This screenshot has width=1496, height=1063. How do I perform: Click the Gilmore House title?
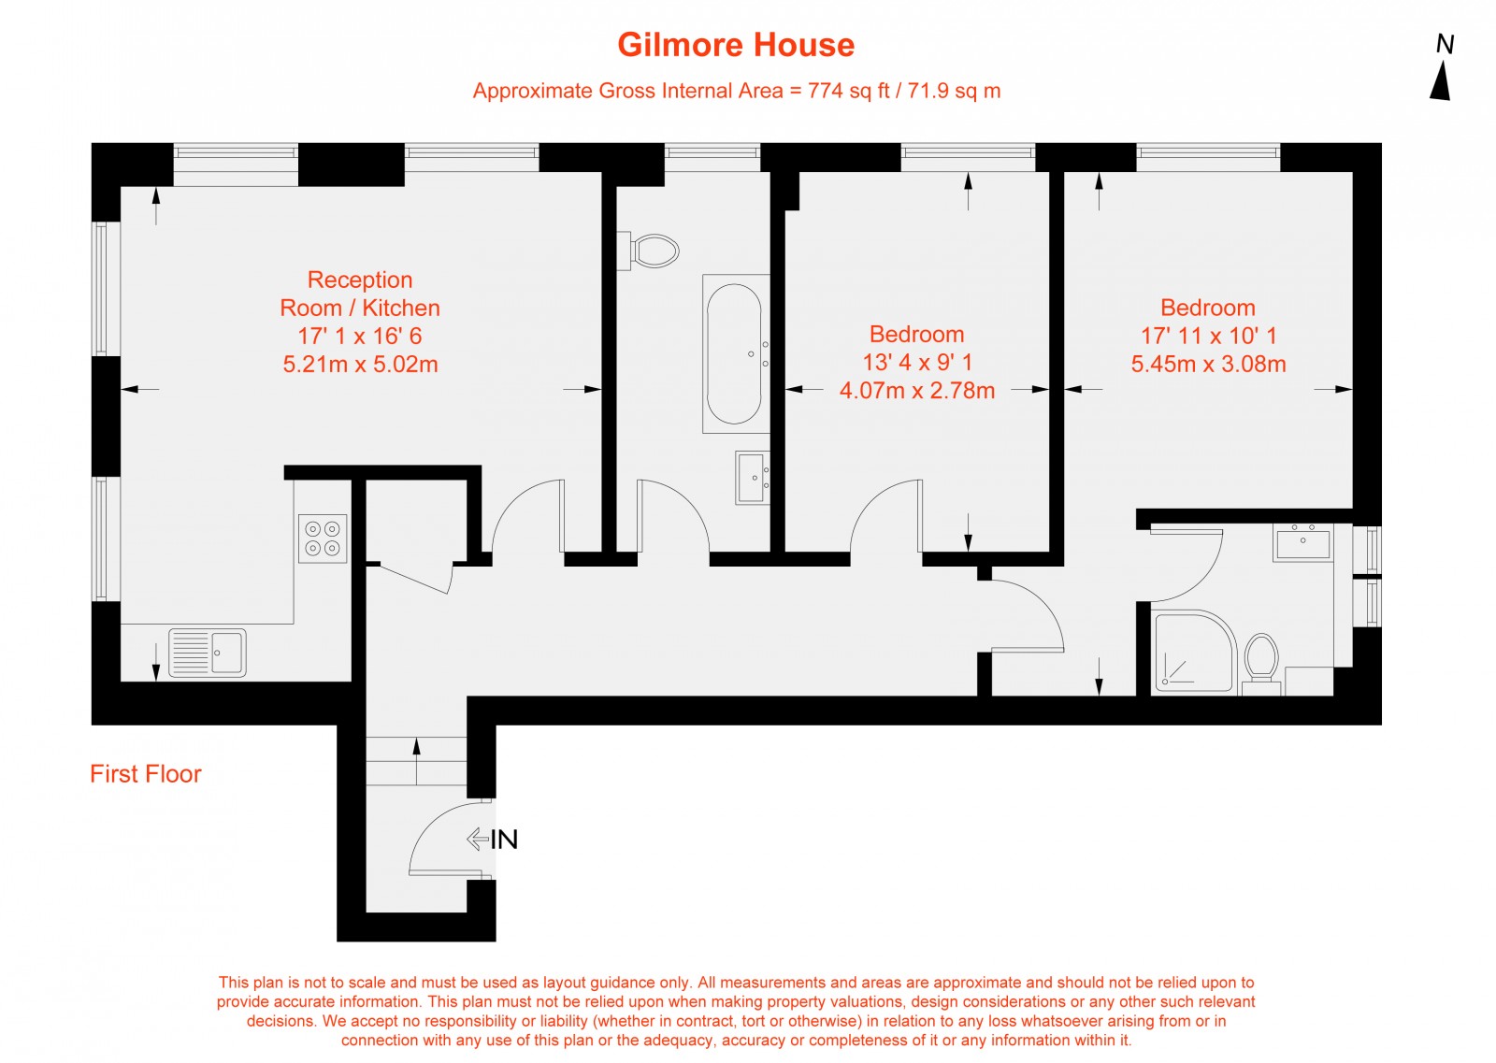[735, 45]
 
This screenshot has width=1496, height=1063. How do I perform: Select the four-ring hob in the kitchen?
[323, 539]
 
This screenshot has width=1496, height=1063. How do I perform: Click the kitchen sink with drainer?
[207, 653]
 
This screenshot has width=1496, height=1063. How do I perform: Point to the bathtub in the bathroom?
[735, 354]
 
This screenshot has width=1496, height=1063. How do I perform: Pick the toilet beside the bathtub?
[649, 251]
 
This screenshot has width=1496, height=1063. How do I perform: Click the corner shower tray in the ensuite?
[1195, 652]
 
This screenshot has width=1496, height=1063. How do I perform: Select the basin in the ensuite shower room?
[1303, 542]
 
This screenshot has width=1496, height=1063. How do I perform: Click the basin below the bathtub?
[752, 478]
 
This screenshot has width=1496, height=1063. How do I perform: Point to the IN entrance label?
[504, 840]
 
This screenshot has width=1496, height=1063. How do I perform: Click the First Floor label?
[146, 774]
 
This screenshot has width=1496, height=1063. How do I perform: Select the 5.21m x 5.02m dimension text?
[361, 365]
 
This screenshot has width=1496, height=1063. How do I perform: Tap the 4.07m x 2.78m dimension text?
[917, 391]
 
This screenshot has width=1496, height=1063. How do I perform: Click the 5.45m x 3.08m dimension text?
[1208, 365]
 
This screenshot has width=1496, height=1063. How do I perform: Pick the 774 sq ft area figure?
[848, 91]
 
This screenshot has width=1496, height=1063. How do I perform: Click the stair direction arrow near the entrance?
[417, 761]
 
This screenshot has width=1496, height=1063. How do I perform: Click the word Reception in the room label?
[360, 280]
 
